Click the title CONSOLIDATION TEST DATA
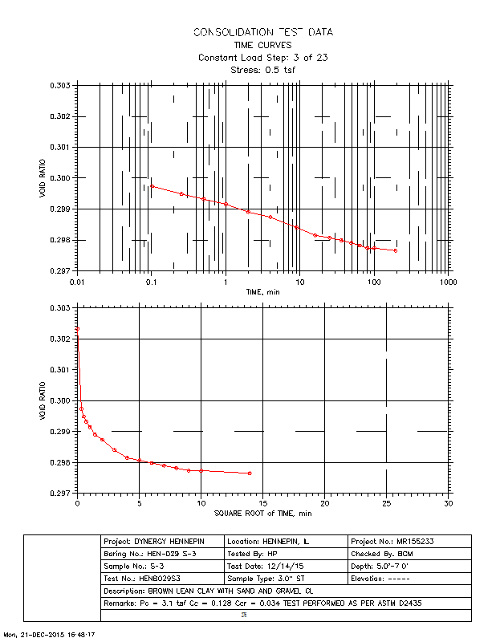[262, 32]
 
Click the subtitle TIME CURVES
[262, 45]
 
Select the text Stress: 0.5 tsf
[262, 70]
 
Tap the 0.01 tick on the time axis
[77, 283]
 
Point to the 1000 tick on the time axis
[447, 283]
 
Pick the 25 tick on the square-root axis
[387, 503]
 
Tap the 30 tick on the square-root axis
[448, 503]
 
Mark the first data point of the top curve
[152, 186]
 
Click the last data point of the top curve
[396, 250]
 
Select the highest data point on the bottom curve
[77, 329]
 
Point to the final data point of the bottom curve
[250, 473]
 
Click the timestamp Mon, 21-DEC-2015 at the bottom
[50, 634]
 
